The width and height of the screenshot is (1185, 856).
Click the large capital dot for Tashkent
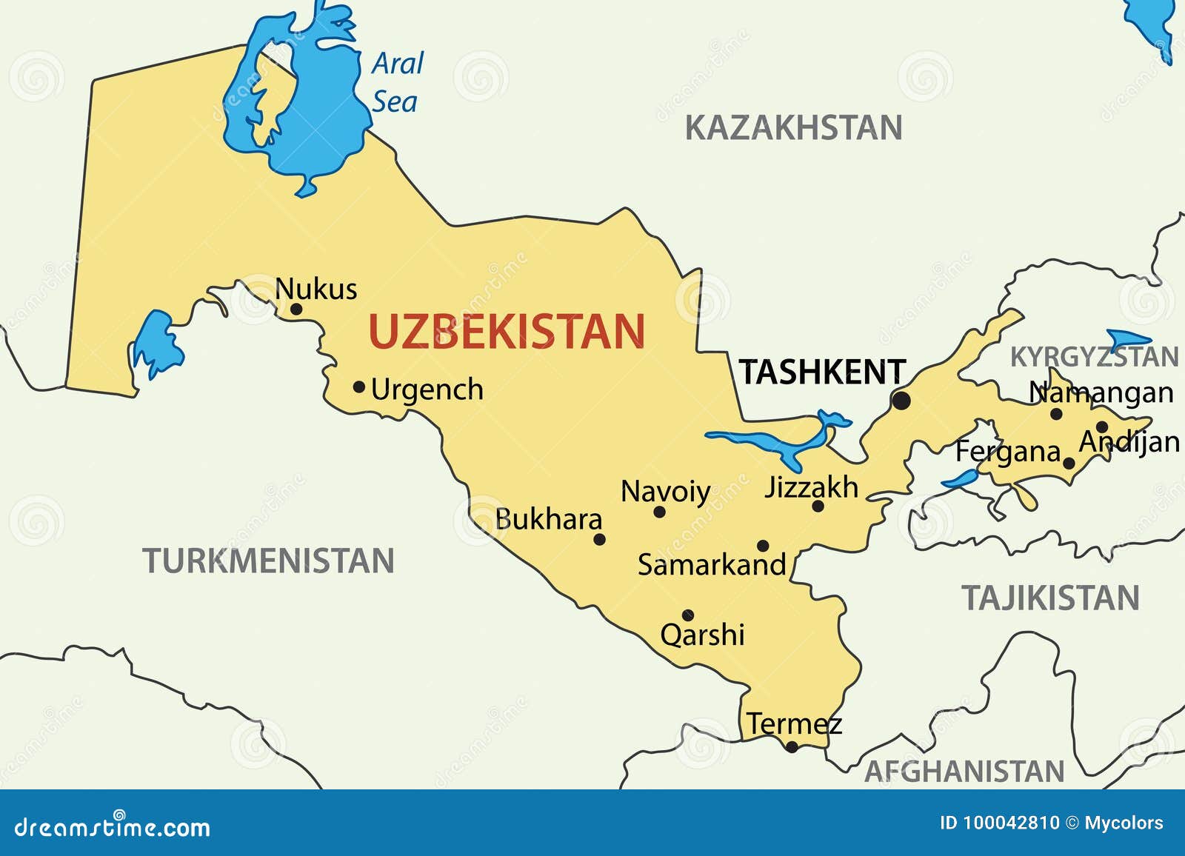(x=901, y=401)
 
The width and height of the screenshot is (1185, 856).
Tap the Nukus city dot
(x=296, y=309)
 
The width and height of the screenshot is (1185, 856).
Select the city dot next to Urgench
(x=359, y=387)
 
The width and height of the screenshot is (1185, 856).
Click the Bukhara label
(x=548, y=519)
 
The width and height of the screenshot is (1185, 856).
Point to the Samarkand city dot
(x=763, y=546)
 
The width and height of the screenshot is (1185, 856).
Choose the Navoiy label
(x=665, y=492)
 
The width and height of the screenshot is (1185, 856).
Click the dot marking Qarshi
(x=688, y=615)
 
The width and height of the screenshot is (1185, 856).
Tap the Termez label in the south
(x=793, y=723)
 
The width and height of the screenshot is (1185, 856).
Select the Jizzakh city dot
(x=818, y=506)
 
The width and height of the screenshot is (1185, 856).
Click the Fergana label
(x=1008, y=452)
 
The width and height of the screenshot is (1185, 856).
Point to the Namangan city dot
(x=1056, y=414)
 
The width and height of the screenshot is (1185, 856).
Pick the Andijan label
(x=1129, y=442)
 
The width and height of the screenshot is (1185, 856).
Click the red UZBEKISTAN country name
(x=507, y=331)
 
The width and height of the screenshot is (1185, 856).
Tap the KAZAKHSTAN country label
(x=793, y=127)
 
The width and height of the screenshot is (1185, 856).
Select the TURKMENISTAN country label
(x=268, y=561)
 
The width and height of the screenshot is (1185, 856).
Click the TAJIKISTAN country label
(x=1050, y=598)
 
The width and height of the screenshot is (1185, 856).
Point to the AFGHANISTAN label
(x=964, y=772)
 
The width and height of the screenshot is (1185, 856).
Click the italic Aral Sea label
(x=397, y=82)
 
